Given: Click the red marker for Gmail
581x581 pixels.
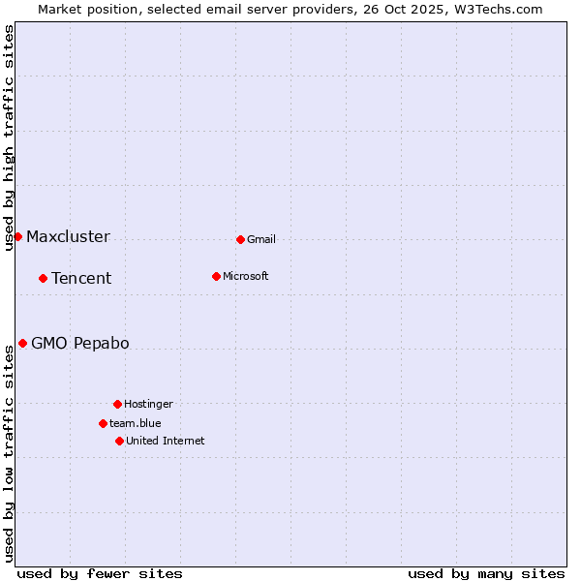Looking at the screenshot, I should tap(240, 239).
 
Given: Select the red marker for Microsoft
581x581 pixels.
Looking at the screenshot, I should tap(216, 276).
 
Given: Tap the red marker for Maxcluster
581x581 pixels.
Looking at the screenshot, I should tap(17, 236).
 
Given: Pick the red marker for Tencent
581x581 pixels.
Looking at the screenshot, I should tap(43, 278).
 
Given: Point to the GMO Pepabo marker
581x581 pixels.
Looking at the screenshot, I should tap(22, 343).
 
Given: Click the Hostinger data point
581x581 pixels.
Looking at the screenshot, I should tap(117, 404).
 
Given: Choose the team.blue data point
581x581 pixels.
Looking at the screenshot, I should tap(103, 423).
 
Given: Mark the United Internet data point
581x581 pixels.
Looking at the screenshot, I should tap(119, 441).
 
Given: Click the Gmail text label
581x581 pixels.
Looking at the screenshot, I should tap(261, 239).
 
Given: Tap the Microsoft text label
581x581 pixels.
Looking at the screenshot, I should tap(245, 276).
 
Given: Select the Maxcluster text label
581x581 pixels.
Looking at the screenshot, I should tap(68, 237).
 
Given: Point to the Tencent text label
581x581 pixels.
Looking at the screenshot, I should tap(81, 279).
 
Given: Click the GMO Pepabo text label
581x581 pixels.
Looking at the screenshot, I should tap(79, 344).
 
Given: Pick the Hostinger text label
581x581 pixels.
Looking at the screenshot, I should tap(148, 404).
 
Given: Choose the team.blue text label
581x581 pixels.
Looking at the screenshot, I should tap(135, 423).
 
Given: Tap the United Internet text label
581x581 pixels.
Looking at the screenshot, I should tap(165, 441).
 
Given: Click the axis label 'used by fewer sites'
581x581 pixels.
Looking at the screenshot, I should tap(100, 573).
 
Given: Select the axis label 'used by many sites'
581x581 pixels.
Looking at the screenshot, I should tap(486, 573).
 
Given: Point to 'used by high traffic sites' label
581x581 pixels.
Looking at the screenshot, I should tap(10, 138).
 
